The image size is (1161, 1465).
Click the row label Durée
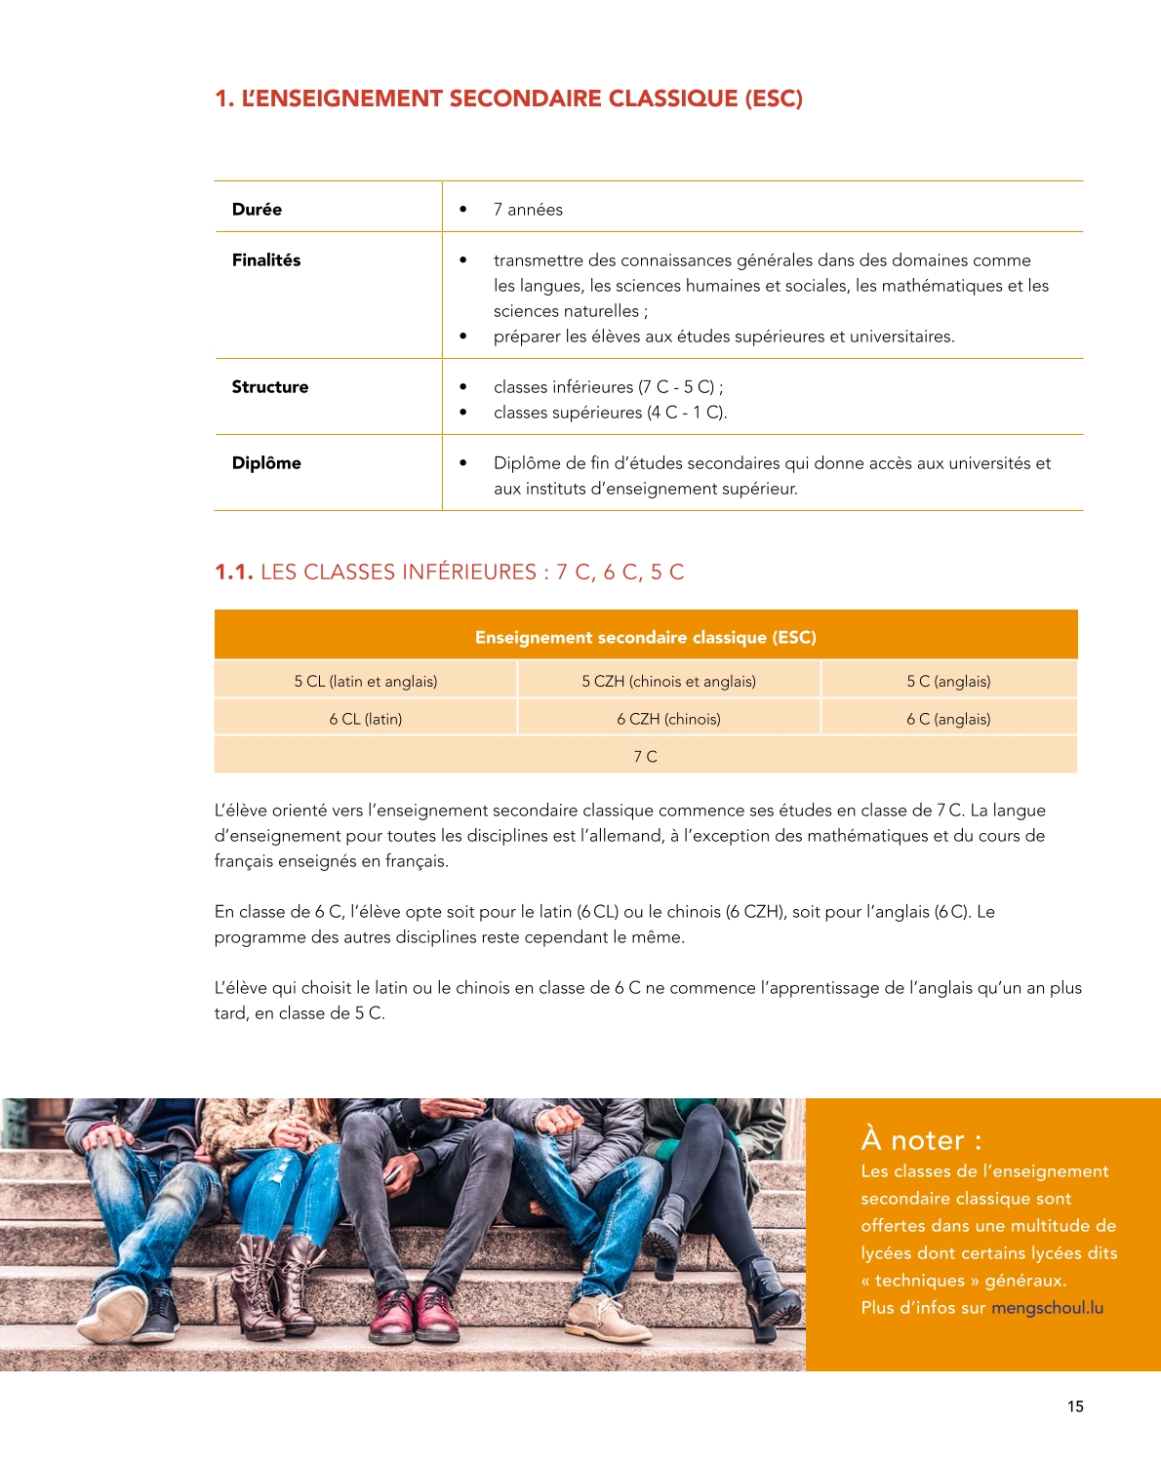[257, 210]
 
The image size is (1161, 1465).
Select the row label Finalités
[265, 260]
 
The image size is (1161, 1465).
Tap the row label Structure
[269, 387]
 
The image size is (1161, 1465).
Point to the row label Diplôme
[266, 463]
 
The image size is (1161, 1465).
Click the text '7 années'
[528, 210]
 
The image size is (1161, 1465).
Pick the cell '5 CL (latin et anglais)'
[366, 681]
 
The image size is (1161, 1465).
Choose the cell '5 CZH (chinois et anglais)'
[668, 681]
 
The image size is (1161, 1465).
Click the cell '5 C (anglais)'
[948, 681]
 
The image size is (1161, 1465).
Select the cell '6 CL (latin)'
[366, 719]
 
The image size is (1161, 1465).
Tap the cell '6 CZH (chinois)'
[668, 719]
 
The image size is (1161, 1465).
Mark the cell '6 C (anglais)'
[948, 719]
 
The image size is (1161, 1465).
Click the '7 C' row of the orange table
[645, 757]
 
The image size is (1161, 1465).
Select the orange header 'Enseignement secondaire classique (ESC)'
[645, 637]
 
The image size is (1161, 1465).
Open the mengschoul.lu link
[1047, 1308]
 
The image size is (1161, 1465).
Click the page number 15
[1075, 1406]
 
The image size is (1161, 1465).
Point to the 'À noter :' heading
[921, 1139]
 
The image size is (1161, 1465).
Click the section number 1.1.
[233, 573]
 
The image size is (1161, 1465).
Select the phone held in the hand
[392, 1174]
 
